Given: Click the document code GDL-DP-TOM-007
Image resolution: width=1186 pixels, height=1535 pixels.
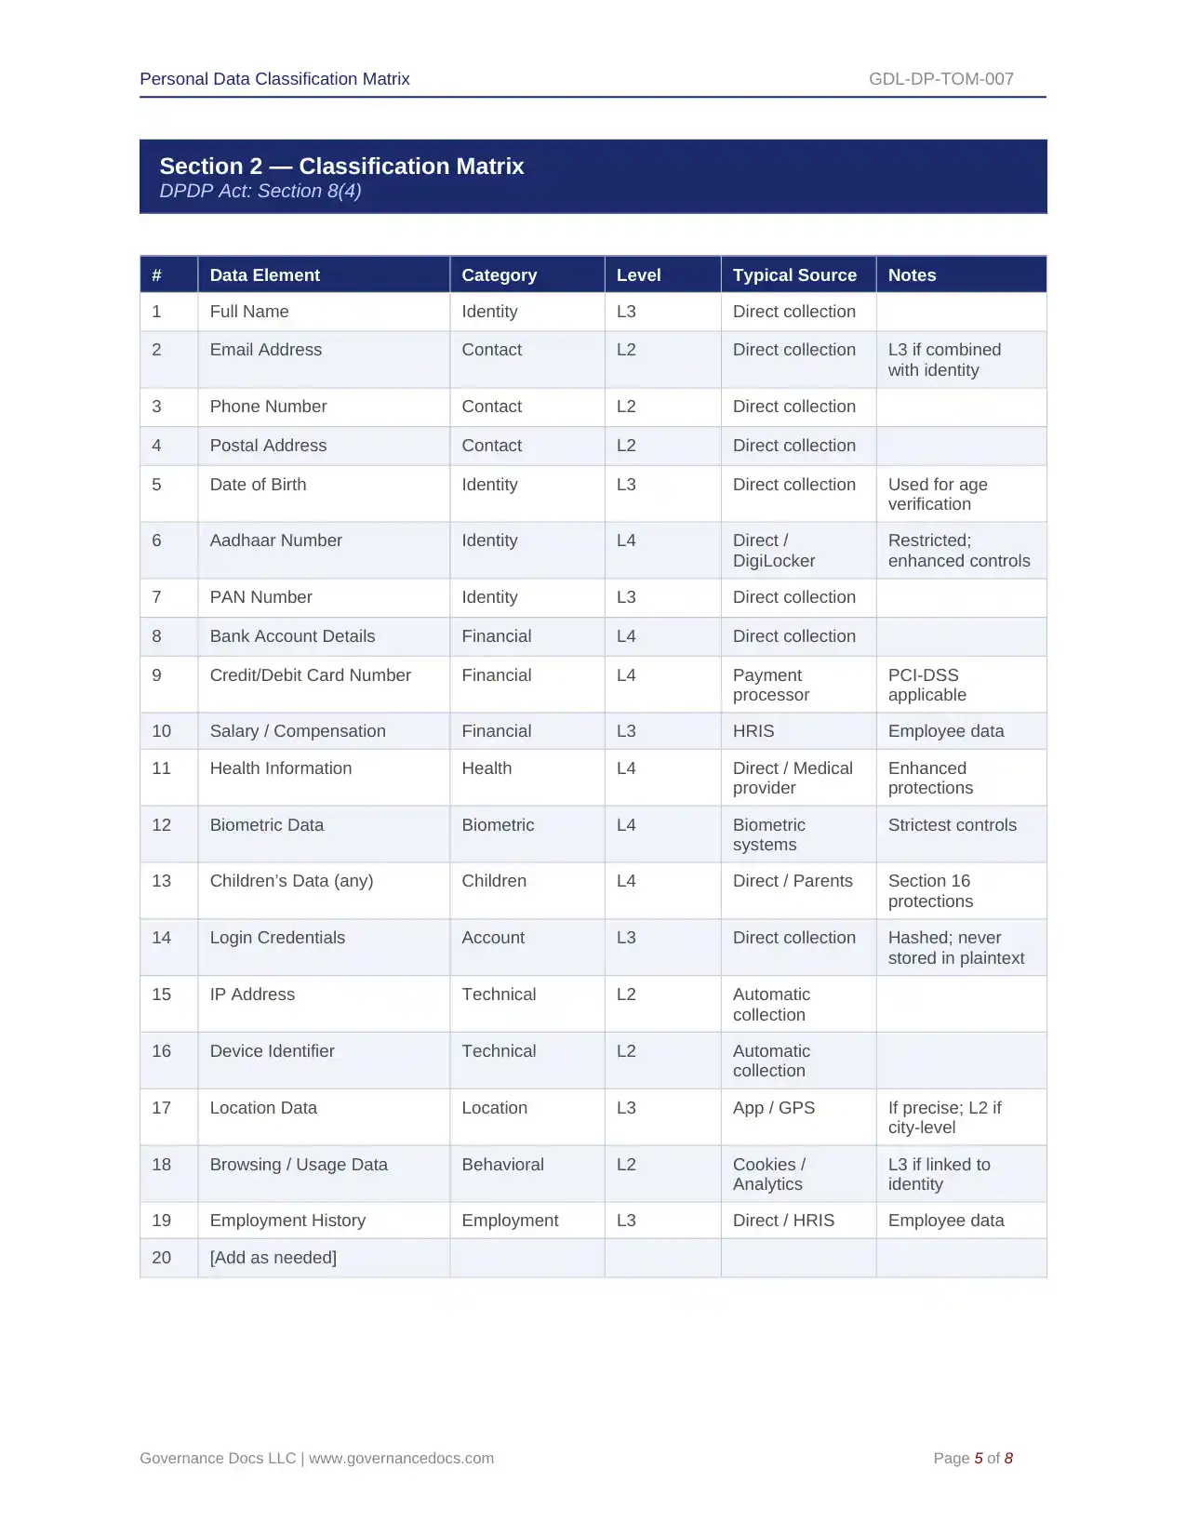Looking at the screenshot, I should click(x=940, y=79).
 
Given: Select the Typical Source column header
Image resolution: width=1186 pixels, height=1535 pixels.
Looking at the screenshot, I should click(x=793, y=275).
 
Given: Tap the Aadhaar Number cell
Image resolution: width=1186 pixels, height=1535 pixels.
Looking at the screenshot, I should click(x=275, y=541).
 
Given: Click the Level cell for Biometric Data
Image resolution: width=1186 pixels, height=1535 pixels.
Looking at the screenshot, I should click(x=626, y=825).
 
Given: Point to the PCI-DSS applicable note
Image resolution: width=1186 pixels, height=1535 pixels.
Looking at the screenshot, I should click(x=926, y=685).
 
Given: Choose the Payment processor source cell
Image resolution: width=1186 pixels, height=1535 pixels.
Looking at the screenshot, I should click(x=770, y=685).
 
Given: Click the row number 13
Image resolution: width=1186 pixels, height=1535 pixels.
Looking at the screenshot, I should click(x=162, y=881).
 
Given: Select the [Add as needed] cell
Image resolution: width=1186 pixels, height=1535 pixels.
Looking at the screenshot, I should click(x=273, y=1258).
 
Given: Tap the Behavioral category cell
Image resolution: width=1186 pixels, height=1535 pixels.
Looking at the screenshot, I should click(x=502, y=1165).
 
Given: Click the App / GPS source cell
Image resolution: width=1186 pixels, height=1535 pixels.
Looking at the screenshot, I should click(x=773, y=1108).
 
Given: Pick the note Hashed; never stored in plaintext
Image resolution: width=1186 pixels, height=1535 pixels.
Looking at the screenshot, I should click(x=955, y=948).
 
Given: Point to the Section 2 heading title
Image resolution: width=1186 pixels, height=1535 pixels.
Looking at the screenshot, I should click(x=341, y=167).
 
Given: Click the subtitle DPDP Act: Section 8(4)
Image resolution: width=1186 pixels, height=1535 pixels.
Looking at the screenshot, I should click(x=260, y=192).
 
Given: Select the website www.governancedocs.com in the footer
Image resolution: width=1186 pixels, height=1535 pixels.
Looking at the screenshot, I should click(x=401, y=1459).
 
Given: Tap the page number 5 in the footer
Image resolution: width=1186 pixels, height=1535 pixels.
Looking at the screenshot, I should click(x=978, y=1459).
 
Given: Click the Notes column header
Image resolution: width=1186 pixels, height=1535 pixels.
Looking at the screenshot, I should click(x=912, y=275).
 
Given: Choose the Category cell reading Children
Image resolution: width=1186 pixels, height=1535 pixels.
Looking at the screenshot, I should click(x=494, y=881).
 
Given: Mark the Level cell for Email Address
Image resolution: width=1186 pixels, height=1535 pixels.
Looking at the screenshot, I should click(x=626, y=350).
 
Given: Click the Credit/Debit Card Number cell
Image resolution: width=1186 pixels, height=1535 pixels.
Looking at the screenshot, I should click(x=310, y=675).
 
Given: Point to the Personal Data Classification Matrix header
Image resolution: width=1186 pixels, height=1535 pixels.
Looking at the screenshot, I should click(x=274, y=79).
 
